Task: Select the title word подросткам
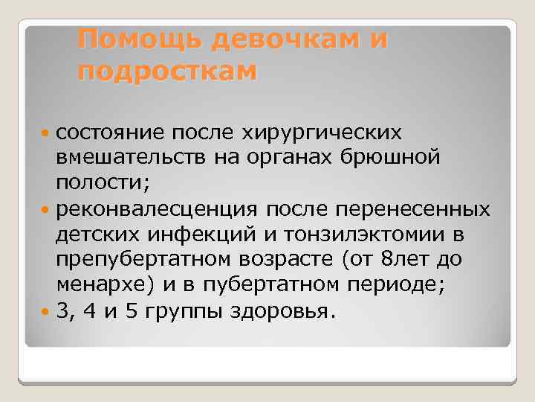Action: click(x=167, y=71)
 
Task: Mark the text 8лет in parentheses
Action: click(x=402, y=260)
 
